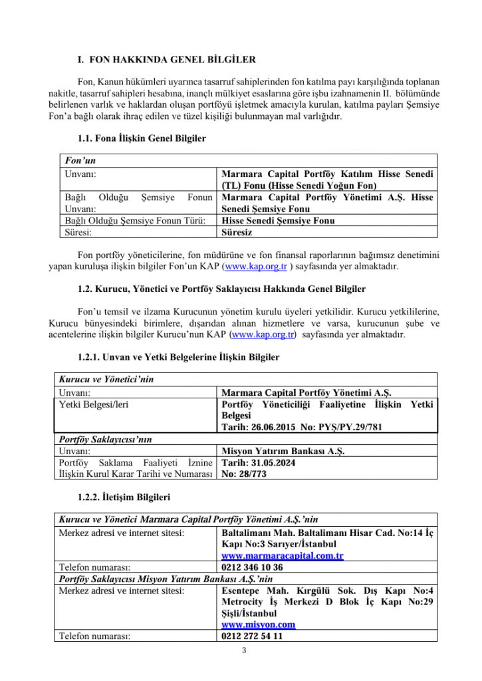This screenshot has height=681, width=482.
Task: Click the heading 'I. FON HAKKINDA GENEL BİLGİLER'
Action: (x=166, y=60)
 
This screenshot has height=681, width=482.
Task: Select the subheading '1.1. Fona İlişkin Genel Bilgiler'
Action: (x=142, y=139)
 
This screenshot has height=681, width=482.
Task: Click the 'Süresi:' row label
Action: (x=78, y=233)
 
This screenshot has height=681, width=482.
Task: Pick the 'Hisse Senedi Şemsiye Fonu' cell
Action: (x=278, y=221)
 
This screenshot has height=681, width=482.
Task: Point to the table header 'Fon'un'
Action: (x=77, y=161)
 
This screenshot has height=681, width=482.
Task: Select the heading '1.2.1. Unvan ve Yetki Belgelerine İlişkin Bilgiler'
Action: (x=178, y=357)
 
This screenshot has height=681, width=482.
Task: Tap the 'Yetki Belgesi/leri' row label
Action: (x=94, y=404)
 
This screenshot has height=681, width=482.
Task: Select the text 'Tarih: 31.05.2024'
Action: (x=258, y=462)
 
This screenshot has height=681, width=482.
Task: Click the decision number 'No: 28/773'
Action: (x=245, y=474)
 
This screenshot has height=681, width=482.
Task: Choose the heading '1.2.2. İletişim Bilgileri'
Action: (x=124, y=497)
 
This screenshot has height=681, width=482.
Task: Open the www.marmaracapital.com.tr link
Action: (x=282, y=555)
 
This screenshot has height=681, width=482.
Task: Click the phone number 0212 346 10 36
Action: (x=252, y=567)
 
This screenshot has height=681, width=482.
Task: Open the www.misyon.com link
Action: (x=258, y=624)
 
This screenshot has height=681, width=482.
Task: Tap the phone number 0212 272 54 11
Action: (x=252, y=636)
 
